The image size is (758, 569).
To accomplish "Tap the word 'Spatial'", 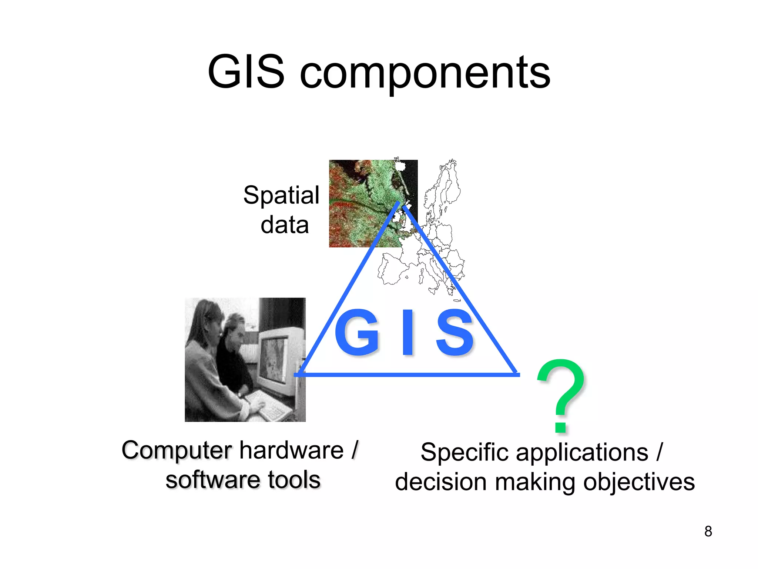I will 281,195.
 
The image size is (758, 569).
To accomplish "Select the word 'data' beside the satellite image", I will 285,225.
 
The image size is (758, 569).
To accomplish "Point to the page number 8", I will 708,531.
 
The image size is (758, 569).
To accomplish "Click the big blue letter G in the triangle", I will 357,332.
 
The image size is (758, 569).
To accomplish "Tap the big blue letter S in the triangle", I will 455,332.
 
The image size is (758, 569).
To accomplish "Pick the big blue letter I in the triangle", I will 407,332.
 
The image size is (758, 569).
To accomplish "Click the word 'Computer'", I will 177,450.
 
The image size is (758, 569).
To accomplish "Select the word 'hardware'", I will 292,450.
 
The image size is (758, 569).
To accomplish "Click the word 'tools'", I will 294,480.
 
